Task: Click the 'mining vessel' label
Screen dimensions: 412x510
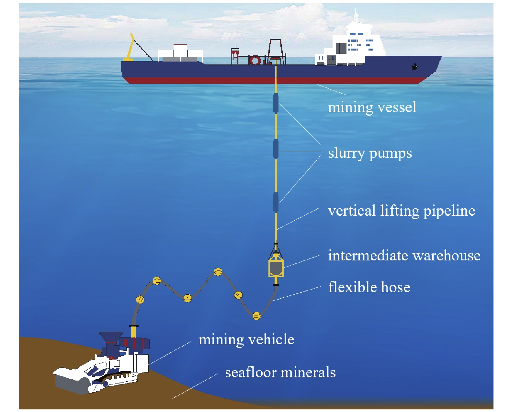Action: coord(372,107)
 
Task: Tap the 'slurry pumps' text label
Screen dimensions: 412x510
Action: coord(370,153)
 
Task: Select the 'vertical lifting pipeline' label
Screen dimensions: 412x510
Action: coord(401,211)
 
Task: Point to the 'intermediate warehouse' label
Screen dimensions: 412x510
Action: coord(404,256)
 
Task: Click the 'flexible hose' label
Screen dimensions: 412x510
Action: coord(369,287)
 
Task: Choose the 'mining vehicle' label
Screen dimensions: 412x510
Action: coord(246,340)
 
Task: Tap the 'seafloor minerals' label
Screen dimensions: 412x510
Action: coord(280,372)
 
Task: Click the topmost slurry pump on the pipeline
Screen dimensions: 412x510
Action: coord(276,103)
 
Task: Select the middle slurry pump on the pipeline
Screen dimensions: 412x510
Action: coord(276,149)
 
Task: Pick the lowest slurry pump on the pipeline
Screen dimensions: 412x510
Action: coord(276,202)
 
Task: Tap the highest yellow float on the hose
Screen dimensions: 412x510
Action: coord(218,272)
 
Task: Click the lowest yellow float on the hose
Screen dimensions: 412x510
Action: coord(256,315)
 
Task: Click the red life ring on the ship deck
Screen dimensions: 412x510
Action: coord(255,60)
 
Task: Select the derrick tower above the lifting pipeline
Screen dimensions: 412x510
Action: coord(276,50)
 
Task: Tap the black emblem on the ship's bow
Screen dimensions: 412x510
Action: coord(415,67)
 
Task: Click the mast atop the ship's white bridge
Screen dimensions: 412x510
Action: coord(356,16)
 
